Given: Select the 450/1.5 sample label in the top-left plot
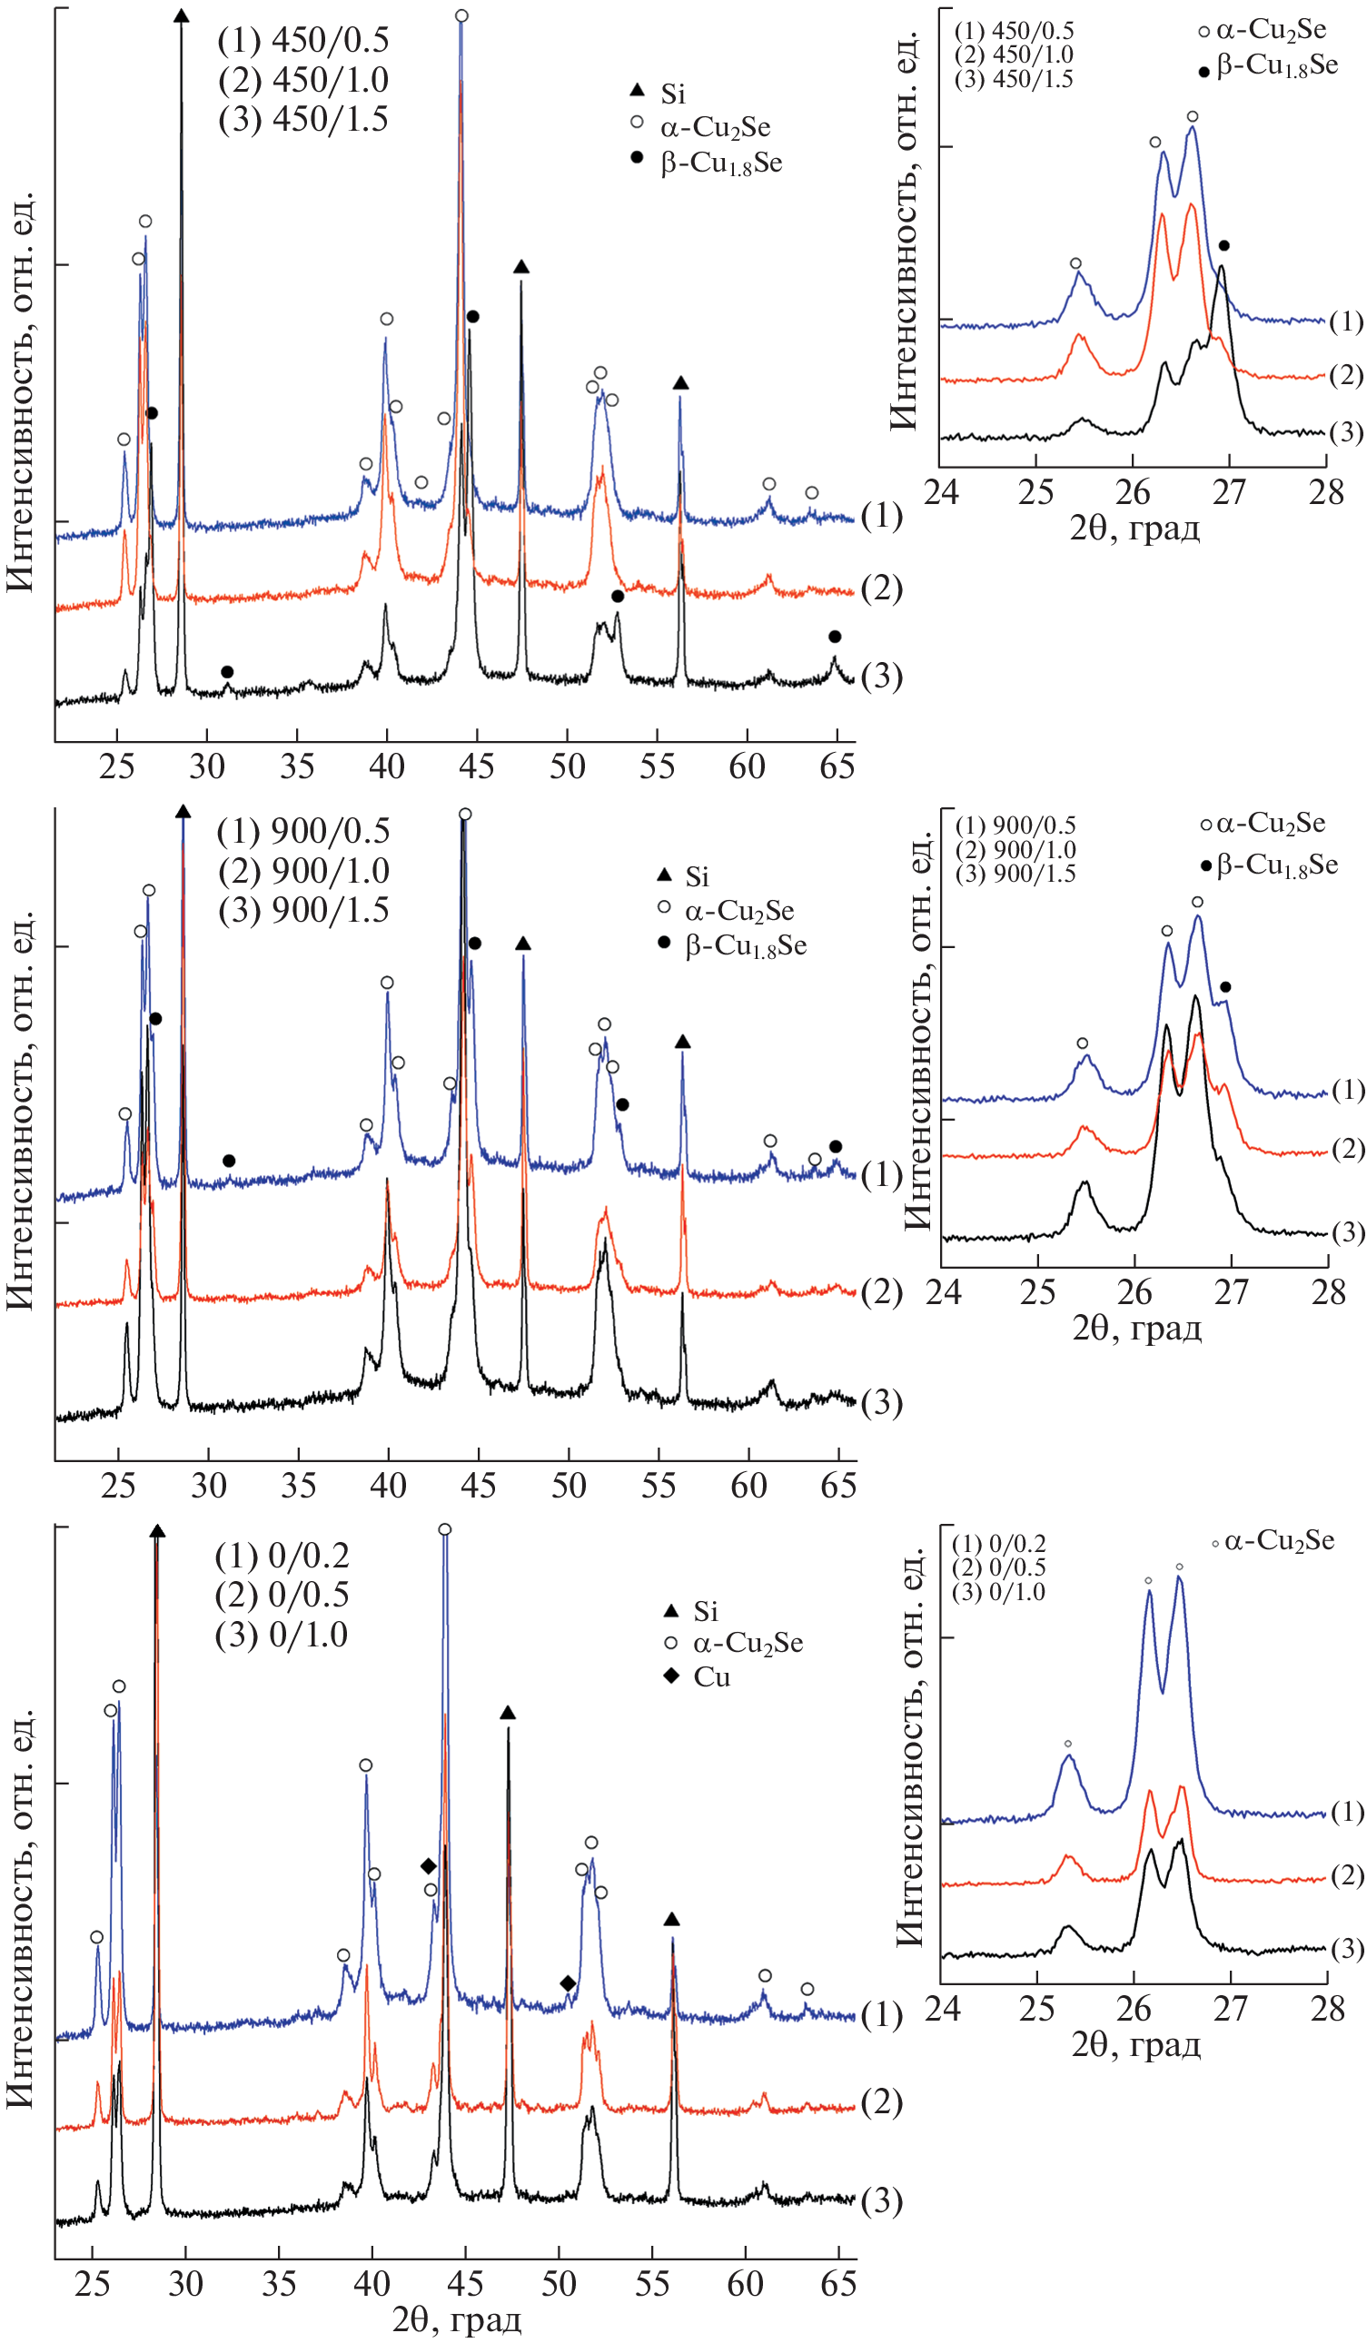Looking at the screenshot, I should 303,120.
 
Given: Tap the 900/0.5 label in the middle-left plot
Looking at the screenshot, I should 303,831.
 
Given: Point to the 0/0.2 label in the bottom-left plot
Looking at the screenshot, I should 282,1556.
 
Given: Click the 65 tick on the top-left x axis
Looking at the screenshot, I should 837,766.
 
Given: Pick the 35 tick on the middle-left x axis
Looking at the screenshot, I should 299,1485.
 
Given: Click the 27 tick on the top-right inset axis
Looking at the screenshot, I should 1228,492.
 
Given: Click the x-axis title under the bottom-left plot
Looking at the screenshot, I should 457,2318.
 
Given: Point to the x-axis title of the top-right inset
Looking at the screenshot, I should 1134,529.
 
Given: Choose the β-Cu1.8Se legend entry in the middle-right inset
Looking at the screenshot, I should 1270,865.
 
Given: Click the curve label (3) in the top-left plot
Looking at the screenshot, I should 881,676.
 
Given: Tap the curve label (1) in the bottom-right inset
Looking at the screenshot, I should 1346,1811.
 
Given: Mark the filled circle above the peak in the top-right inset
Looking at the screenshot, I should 1223,245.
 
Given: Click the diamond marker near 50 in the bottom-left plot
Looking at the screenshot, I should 568,1984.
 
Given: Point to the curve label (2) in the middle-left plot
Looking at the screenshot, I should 881,1291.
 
